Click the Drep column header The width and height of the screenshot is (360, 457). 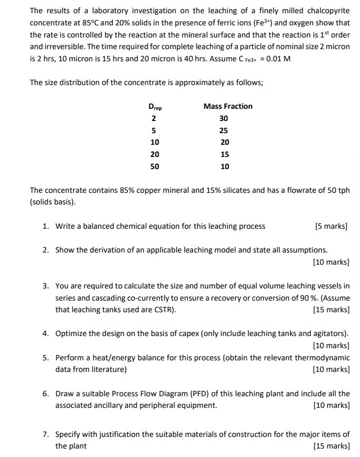click(x=155, y=107)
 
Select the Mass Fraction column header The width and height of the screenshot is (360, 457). click(x=228, y=106)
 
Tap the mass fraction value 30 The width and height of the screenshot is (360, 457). click(x=224, y=118)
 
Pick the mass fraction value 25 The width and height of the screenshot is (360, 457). click(x=224, y=130)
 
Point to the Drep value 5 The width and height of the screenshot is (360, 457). click(x=154, y=130)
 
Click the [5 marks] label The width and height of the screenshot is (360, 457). click(x=331, y=226)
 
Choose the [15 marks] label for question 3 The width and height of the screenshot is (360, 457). click(x=331, y=310)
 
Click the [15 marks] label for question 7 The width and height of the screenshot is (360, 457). click(x=331, y=446)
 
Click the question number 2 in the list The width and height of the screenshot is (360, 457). click(x=46, y=250)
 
